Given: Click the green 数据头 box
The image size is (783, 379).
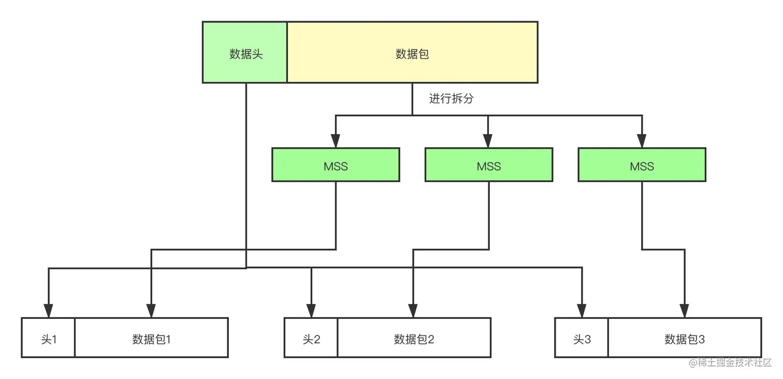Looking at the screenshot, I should click(245, 52).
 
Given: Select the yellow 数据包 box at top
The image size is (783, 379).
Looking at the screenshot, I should click(412, 52).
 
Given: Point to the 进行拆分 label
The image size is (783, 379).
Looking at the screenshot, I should click(451, 99).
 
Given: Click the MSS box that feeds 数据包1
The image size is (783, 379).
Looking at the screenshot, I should click(336, 165).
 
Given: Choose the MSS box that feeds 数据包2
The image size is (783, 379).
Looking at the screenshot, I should click(489, 165).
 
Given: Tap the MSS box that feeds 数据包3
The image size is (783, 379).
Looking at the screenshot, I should click(642, 165).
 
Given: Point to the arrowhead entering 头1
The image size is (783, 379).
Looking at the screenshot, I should click(48, 311).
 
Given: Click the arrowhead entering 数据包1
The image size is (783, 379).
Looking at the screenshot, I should click(151, 311).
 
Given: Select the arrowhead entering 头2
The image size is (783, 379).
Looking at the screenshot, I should click(311, 311).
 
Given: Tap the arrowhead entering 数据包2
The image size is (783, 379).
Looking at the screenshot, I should click(413, 311).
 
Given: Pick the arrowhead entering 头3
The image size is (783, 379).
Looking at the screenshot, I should click(582, 311).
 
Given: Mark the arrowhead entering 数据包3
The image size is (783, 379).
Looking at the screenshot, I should click(685, 311).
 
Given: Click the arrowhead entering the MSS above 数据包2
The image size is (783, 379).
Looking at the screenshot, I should click(488, 142).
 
